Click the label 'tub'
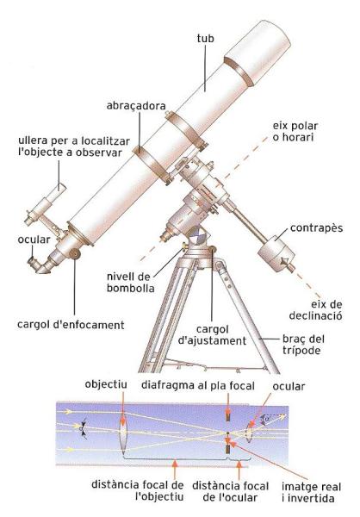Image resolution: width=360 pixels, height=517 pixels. pos(205,38)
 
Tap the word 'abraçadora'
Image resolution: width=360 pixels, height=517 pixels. pos(136,106)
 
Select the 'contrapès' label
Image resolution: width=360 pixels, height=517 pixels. pos(316,227)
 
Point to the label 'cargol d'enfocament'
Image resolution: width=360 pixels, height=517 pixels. pos(71,325)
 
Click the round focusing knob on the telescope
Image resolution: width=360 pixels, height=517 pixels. pos(76,253)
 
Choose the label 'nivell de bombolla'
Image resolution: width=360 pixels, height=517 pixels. pos(130,283)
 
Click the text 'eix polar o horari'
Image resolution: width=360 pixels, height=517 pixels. pos(295,131)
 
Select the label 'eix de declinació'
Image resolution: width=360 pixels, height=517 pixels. pos(315,310)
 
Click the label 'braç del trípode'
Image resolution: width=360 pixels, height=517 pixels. pos(303,345)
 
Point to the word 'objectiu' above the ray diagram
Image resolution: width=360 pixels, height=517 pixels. pos(106,384)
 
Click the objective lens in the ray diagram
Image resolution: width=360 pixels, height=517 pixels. pos(123,432)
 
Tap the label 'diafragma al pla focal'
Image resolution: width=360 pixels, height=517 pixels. pos(198,385)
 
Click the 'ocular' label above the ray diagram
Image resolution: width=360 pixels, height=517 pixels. pos(289,386)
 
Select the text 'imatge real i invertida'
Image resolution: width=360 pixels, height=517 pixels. pos(311,492)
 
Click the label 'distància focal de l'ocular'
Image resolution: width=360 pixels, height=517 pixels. pos(230,491)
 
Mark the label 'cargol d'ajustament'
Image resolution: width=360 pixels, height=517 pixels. pos(212,335)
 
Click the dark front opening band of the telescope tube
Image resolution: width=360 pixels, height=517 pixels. pos(239,72)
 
